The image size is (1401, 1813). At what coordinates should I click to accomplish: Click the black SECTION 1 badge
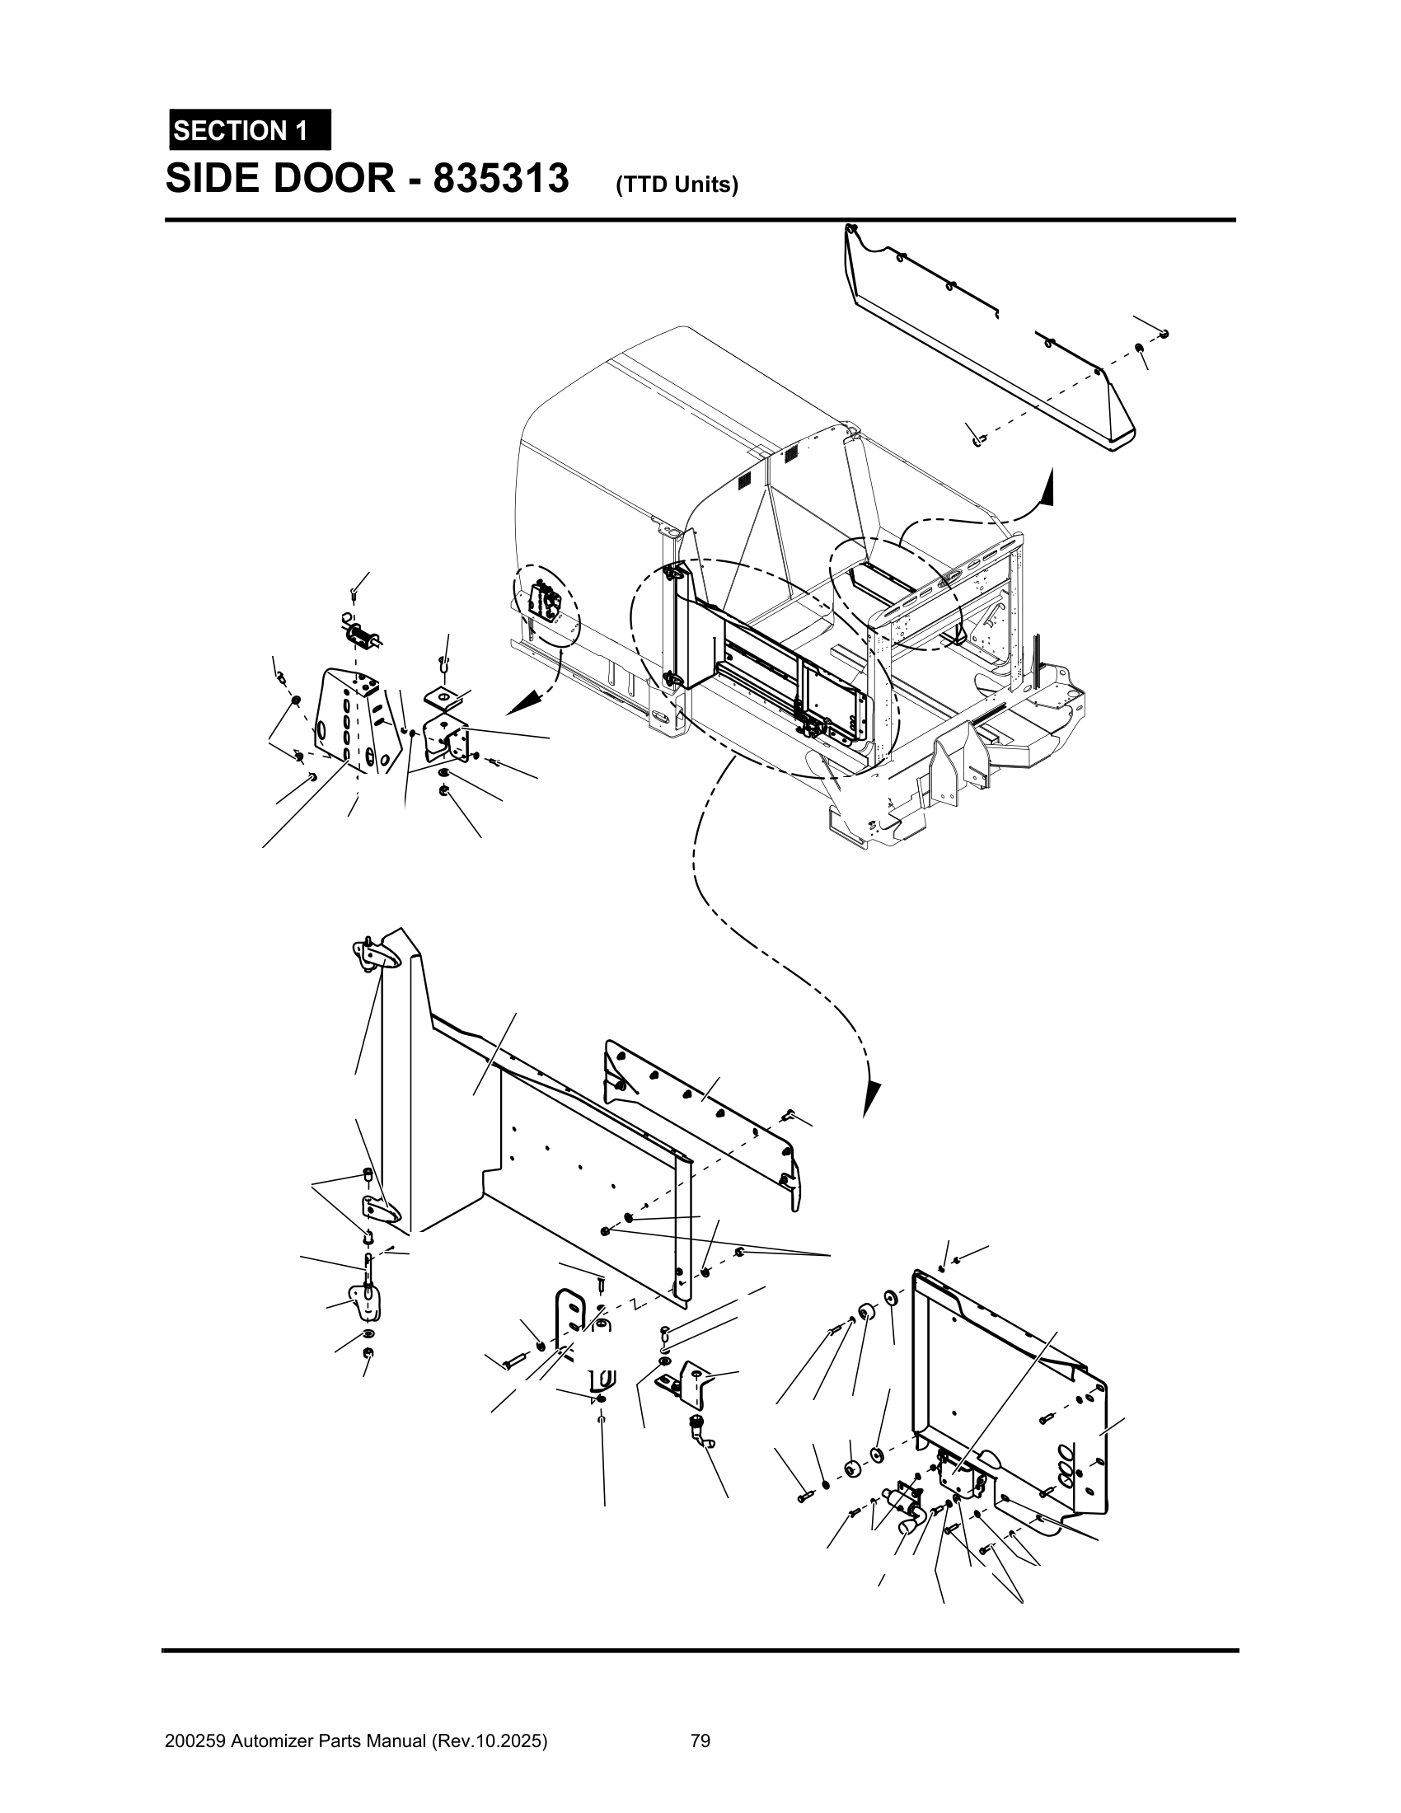coord(250,130)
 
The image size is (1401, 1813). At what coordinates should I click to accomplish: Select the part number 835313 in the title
coord(500,179)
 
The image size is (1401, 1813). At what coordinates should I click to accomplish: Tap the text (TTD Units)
coord(677,185)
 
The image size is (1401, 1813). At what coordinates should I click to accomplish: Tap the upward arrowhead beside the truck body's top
coord(1048,486)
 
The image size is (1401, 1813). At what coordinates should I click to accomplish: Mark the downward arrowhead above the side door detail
coord(870,1099)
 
